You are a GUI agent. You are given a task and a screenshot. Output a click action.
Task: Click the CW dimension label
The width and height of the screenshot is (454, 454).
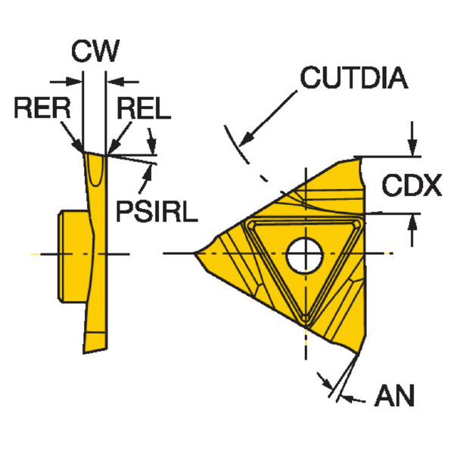pyautogui.click(x=95, y=52)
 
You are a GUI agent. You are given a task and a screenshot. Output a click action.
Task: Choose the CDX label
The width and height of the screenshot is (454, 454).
pyautogui.click(x=411, y=185)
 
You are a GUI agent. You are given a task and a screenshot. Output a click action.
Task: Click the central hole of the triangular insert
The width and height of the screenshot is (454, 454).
pyautogui.click(x=304, y=254)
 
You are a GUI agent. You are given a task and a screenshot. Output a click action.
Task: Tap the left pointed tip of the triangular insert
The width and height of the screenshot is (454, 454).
pyautogui.click(x=197, y=253)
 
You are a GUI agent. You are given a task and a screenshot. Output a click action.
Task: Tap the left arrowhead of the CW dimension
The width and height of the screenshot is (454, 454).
pyautogui.click(x=78, y=79)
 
